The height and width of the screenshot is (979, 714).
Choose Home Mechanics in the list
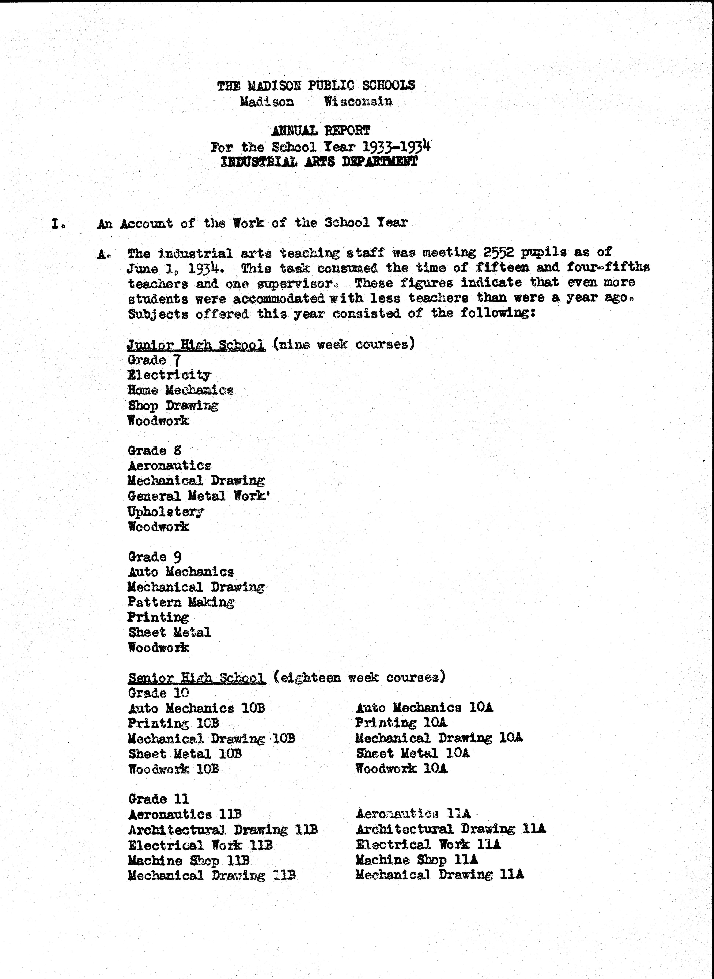click(x=181, y=390)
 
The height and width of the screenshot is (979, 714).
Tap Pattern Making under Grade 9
click(x=181, y=602)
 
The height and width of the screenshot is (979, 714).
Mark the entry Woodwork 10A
click(x=401, y=769)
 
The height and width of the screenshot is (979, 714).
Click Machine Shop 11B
click(x=189, y=860)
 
